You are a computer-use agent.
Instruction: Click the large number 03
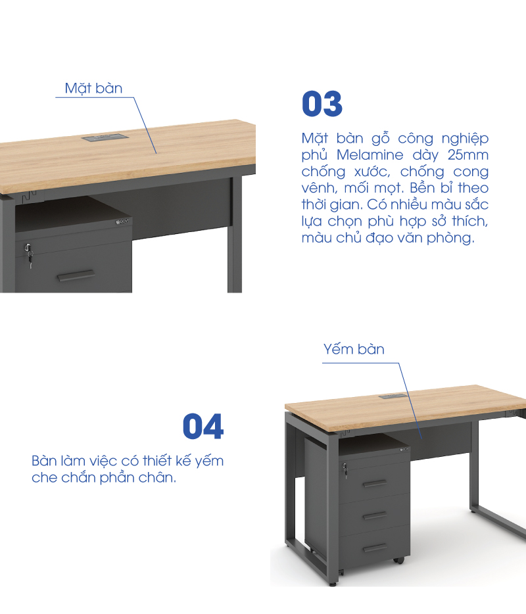tap(322, 104)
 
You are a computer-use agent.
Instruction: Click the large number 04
tap(203, 426)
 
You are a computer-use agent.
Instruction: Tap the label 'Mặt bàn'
tap(93, 89)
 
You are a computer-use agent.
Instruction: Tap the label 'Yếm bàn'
tap(354, 349)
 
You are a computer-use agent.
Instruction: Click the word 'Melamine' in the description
tap(370, 155)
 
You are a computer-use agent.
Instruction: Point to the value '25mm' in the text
tap(468, 155)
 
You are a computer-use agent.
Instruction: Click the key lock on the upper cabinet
tap(28, 254)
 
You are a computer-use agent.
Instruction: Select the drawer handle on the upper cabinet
tap(76, 275)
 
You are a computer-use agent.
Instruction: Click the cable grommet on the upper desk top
tap(105, 137)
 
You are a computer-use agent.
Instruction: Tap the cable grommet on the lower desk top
tap(393, 396)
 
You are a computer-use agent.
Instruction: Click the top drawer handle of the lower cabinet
tap(375, 484)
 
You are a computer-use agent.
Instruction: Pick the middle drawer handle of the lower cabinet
tap(375, 516)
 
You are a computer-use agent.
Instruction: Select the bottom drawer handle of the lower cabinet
tap(375, 548)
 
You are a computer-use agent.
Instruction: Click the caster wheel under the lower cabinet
tap(398, 560)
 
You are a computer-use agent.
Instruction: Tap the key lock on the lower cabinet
tap(345, 470)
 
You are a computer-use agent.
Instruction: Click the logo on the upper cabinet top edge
tap(122, 222)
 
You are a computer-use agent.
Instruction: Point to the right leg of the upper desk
tap(235, 234)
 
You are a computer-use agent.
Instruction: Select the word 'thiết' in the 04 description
tap(156, 461)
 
